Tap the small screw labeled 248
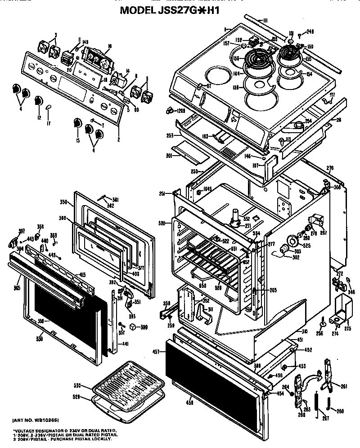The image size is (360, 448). tap(299, 35)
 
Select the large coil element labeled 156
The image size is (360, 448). tap(254, 59)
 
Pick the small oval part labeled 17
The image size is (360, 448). tap(49, 107)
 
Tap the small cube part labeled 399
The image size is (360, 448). tap(132, 327)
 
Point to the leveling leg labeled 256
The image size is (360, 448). tap(322, 322)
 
